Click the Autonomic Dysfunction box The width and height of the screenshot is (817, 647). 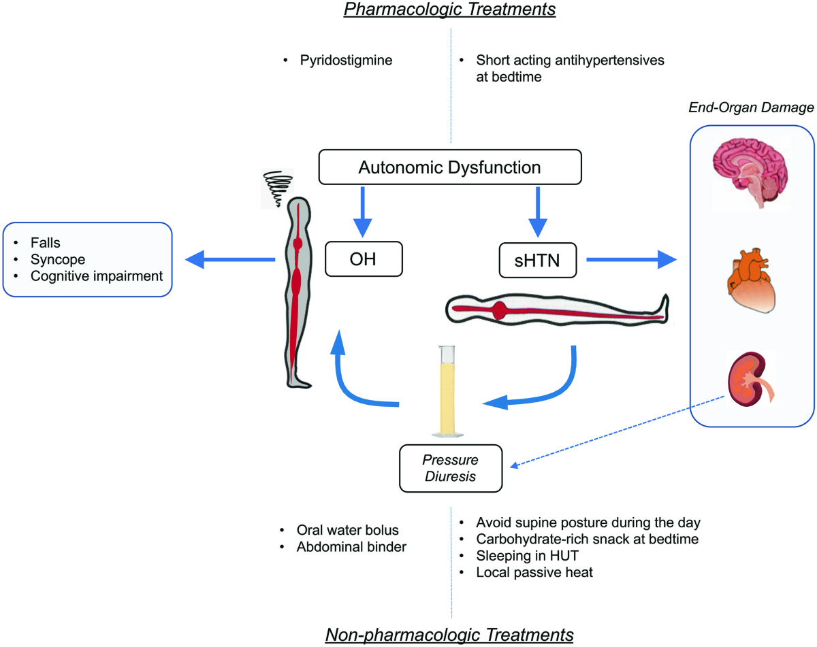pyautogui.click(x=451, y=167)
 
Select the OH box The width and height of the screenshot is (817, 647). pyautogui.click(x=364, y=259)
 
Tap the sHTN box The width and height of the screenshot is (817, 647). pyautogui.click(x=536, y=259)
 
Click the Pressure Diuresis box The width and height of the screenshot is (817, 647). pyautogui.click(x=450, y=469)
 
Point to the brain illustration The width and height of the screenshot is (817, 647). pyautogui.click(x=751, y=172)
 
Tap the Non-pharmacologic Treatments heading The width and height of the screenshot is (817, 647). pyautogui.click(x=450, y=634)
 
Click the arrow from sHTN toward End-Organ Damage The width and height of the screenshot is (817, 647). pyautogui.click(x=633, y=259)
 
